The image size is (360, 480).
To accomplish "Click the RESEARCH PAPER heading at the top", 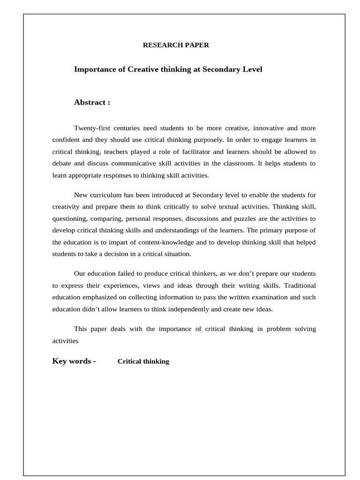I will [176, 45].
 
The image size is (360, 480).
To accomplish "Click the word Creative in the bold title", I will [144, 69].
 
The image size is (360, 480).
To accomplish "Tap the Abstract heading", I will [92, 102].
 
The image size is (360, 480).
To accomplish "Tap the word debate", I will [62, 164].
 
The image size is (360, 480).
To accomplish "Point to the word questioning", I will [70, 218].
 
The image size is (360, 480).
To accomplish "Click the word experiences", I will [114, 285].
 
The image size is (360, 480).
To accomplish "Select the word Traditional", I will [298, 285].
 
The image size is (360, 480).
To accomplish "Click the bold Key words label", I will [74, 361].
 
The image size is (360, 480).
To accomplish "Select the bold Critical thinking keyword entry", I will [143, 361].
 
